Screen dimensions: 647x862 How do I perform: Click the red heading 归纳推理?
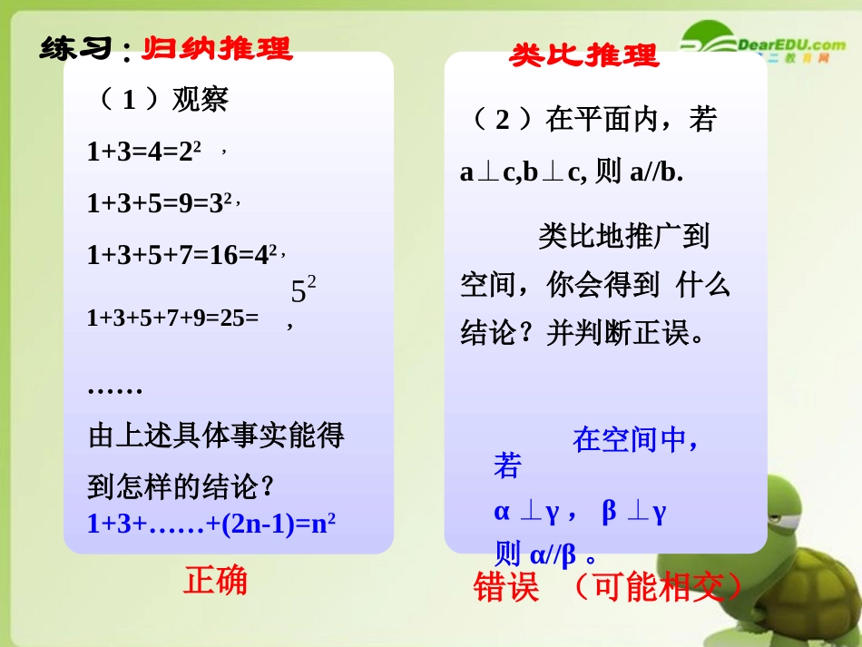tap(217, 47)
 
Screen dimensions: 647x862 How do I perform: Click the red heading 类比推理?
tap(583, 55)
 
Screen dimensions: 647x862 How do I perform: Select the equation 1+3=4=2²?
tap(144, 151)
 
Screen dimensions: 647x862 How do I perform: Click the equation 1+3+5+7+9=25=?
tap(173, 318)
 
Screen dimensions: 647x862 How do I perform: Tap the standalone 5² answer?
tap(303, 290)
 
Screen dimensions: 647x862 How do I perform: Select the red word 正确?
tap(215, 581)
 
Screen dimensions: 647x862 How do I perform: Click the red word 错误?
tap(506, 588)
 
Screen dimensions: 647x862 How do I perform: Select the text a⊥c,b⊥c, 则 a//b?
tap(572, 172)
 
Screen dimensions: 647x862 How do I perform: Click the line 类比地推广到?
tap(623, 236)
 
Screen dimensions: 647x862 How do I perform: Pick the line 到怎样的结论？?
tap(181, 487)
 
